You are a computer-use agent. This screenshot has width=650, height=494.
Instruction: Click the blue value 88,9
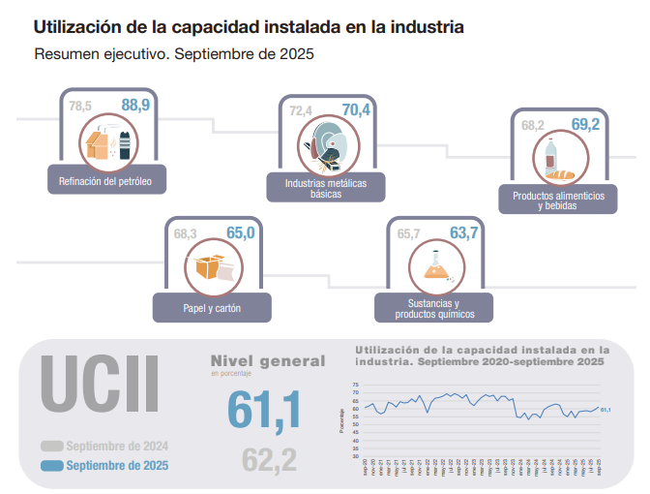(136, 105)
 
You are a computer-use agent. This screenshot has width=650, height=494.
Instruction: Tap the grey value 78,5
(81, 106)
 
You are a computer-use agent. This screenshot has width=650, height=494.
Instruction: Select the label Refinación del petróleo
(106, 180)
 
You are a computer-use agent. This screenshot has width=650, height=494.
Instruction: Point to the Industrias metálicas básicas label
(326, 188)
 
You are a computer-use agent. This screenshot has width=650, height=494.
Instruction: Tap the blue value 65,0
(240, 232)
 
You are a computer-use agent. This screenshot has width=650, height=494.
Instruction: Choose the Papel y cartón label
(212, 308)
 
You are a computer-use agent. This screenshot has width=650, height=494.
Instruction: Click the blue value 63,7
(464, 232)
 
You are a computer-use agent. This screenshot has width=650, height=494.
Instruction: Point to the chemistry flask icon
(435, 266)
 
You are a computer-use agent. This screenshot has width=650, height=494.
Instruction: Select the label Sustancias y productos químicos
(435, 309)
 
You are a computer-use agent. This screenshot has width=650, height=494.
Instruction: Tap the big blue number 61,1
(264, 409)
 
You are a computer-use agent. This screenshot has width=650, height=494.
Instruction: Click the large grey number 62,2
(269, 460)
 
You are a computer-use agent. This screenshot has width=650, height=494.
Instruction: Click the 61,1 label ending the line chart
(606, 410)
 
